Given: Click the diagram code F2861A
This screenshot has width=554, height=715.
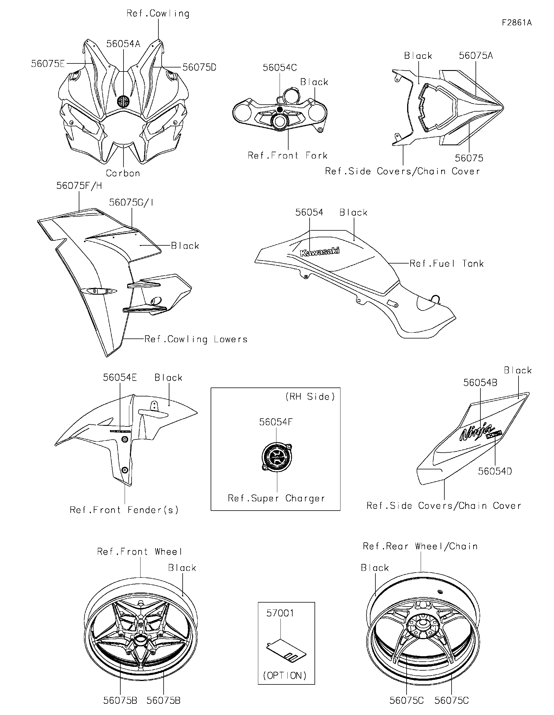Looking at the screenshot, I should (517, 22).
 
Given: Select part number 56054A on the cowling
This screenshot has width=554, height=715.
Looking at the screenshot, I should (123, 44).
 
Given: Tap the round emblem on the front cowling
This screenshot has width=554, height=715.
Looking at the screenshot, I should (123, 101).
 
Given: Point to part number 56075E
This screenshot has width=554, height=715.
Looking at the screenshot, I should (48, 63).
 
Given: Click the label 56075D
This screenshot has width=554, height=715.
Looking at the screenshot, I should (199, 67).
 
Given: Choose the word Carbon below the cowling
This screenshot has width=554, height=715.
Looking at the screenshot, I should (123, 173).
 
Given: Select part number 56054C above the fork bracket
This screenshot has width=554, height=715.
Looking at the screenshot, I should (280, 68).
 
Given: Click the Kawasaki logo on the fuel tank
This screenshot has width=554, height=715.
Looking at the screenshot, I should (320, 252).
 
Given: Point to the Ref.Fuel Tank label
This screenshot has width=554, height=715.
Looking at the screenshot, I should (447, 264).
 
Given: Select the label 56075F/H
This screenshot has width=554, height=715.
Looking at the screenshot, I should (79, 186).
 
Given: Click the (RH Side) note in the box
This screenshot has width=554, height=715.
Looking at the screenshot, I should (310, 397).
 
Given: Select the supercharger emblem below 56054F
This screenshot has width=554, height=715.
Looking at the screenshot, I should (277, 457).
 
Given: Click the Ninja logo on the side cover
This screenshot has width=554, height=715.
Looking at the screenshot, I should (476, 432).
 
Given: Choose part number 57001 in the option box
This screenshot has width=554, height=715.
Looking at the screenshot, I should (280, 613).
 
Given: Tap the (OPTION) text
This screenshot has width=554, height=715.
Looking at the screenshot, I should (285, 676).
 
